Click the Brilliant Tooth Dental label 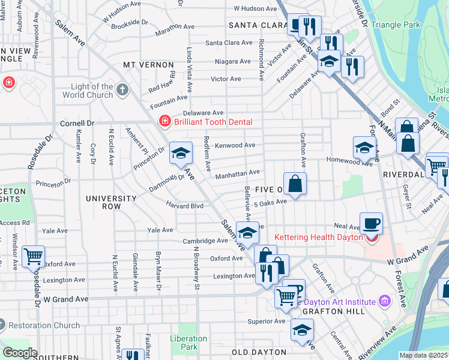[x=213, y=122]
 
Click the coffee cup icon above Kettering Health [x=371, y=223]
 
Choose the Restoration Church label [x=44, y=325]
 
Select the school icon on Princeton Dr [x=181, y=153]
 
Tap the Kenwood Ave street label [x=235, y=145]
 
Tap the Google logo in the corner [x=20, y=352]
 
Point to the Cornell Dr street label [x=77, y=123]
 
